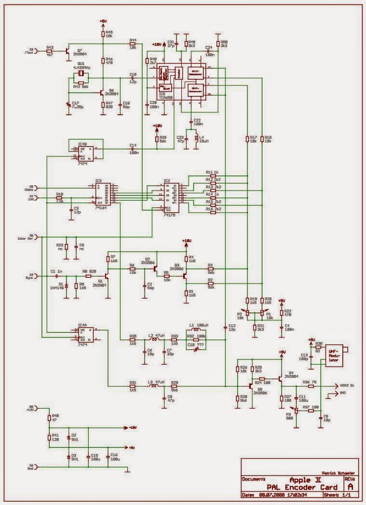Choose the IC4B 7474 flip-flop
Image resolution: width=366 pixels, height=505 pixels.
point(85,151)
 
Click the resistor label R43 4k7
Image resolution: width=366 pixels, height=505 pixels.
point(50,50)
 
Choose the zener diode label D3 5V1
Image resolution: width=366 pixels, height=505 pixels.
point(74,456)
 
